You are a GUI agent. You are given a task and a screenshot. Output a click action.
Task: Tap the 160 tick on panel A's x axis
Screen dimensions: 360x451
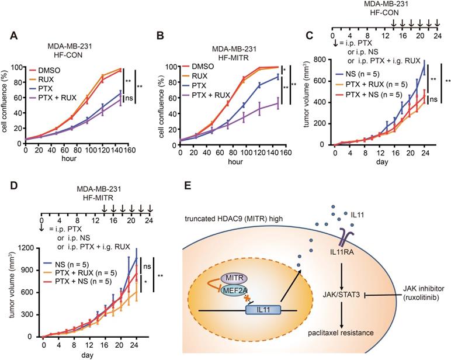[132, 149]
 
